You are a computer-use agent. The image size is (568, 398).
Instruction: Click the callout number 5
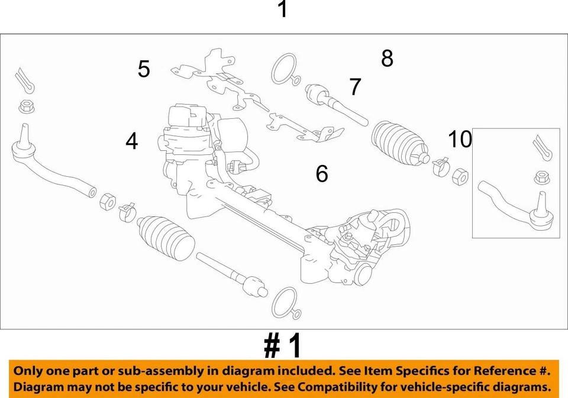coord(144,69)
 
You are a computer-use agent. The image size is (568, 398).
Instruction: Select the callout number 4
coord(131,141)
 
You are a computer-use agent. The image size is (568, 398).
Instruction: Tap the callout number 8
coord(387,59)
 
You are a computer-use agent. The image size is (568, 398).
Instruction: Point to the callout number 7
coord(355,87)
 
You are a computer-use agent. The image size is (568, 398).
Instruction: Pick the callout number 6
coord(321,174)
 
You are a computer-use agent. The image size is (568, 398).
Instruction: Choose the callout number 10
coord(460,140)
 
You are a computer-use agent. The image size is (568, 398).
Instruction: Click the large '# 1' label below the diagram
coord(283,346)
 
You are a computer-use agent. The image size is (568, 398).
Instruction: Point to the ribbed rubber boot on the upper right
coord(399,144)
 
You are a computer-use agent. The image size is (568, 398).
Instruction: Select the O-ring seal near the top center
coord(284,69)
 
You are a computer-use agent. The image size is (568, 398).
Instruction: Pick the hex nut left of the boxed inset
coord(460,176)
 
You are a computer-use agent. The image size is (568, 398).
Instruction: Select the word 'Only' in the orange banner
coord(29,371)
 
